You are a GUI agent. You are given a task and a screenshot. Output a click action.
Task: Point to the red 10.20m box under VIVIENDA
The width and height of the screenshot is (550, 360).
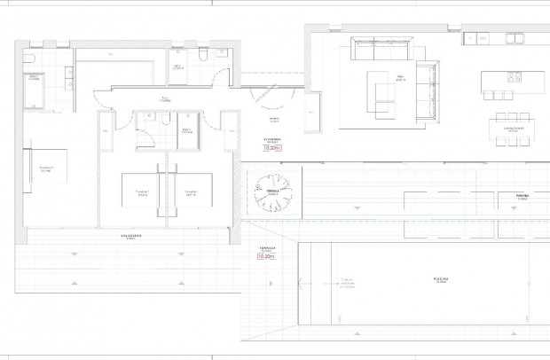coord(272,149)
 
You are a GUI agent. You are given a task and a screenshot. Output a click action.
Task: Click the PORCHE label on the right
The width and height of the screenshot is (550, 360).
coord(522,195)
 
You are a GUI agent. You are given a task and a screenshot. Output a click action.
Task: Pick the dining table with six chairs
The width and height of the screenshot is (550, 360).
coord(512,127)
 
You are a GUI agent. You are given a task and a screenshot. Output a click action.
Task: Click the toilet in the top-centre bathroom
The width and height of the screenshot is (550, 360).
coord(204,55)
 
